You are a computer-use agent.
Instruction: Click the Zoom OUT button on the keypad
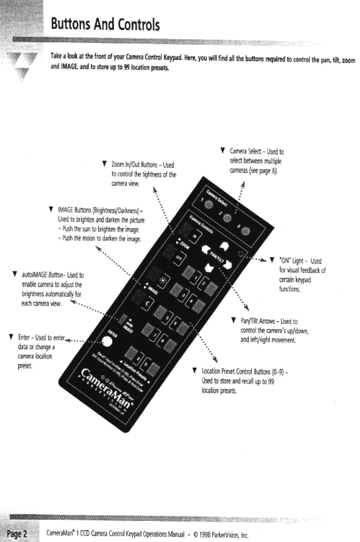point(179,258)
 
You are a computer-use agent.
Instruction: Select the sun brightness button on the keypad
point(162,281)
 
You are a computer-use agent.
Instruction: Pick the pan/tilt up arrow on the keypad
point(224,245)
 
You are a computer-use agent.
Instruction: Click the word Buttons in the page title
point(71,24)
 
